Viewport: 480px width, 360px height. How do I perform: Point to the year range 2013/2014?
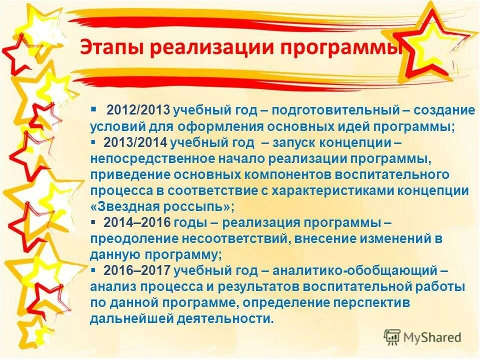135,142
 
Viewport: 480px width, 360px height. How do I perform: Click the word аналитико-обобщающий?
354,270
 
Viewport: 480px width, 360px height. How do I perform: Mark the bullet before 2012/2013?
93,108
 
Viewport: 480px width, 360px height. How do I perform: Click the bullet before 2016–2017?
93,270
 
